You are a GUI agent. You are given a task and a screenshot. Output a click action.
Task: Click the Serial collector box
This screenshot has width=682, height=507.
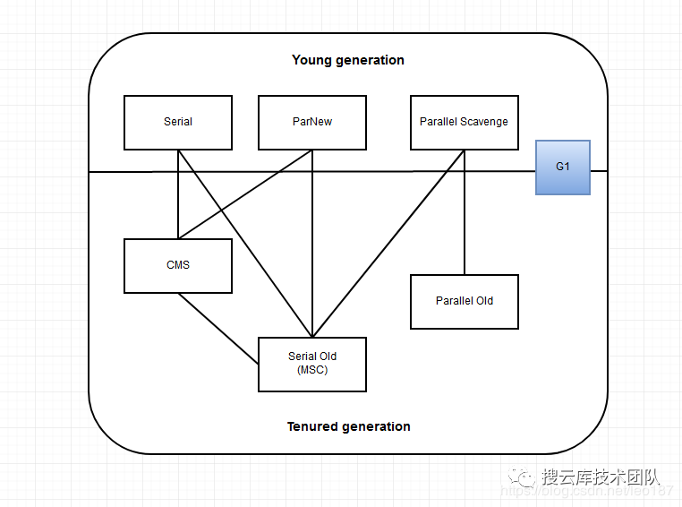point(178,122)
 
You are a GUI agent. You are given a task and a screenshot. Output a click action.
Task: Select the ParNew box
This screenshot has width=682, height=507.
point(312,122)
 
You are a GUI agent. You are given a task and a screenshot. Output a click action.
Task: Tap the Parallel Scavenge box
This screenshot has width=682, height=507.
point(464,122)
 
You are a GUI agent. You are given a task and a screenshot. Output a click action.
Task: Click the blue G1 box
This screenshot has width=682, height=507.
point(563,168)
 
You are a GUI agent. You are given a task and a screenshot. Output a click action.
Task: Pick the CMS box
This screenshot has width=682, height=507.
point(178,265)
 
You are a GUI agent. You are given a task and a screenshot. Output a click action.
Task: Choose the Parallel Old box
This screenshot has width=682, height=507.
point(465,301)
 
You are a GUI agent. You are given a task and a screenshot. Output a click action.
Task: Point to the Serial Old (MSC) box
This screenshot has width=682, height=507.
point(312,364)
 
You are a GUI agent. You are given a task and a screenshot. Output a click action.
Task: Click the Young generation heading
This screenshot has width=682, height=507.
point(348,60)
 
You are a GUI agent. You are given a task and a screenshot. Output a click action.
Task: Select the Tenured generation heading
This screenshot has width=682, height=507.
point(348,426)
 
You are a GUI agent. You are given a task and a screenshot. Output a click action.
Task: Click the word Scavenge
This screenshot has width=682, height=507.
point(484,122)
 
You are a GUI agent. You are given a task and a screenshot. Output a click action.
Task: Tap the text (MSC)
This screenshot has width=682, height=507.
point(312,370)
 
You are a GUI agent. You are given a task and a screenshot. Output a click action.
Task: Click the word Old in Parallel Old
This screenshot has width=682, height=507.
point(484,301)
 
